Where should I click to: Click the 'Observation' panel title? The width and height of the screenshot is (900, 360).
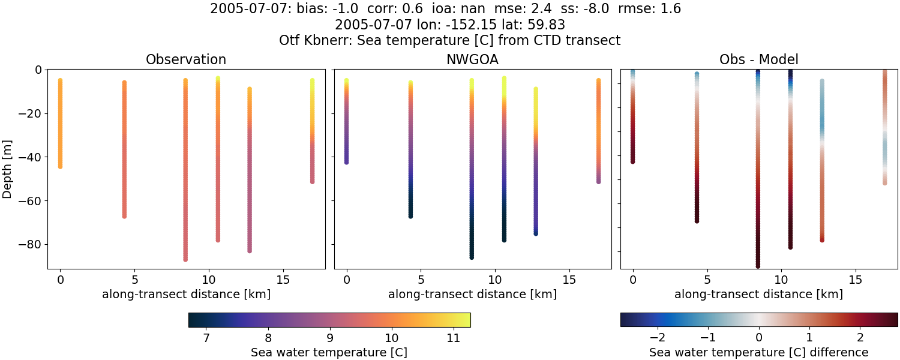coord(186,59)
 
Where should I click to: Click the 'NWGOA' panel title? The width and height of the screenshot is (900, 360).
coord(472,59)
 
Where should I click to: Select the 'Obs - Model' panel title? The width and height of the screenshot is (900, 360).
coord(758,59)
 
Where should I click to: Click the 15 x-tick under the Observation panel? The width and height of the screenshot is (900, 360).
coord(283,280)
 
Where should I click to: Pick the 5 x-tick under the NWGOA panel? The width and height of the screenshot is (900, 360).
coord(421,280)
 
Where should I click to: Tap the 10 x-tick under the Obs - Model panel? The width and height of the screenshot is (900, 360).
coord(781,280)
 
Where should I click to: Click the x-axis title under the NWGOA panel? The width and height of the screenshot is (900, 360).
coord(472,295)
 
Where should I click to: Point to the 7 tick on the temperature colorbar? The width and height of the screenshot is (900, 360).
coord(206,338)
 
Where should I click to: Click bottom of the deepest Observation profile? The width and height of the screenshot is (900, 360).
coord(185,259)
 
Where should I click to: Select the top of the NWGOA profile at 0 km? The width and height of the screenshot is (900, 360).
coord(346,80)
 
